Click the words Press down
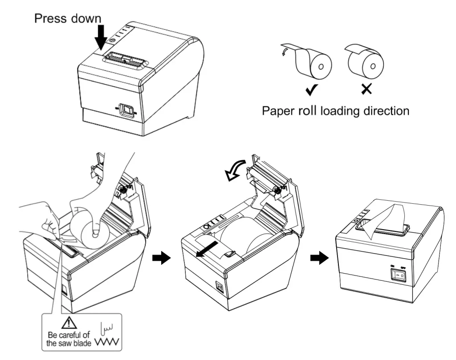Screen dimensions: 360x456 [67, 18]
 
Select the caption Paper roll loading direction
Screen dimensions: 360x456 [335, 110]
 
